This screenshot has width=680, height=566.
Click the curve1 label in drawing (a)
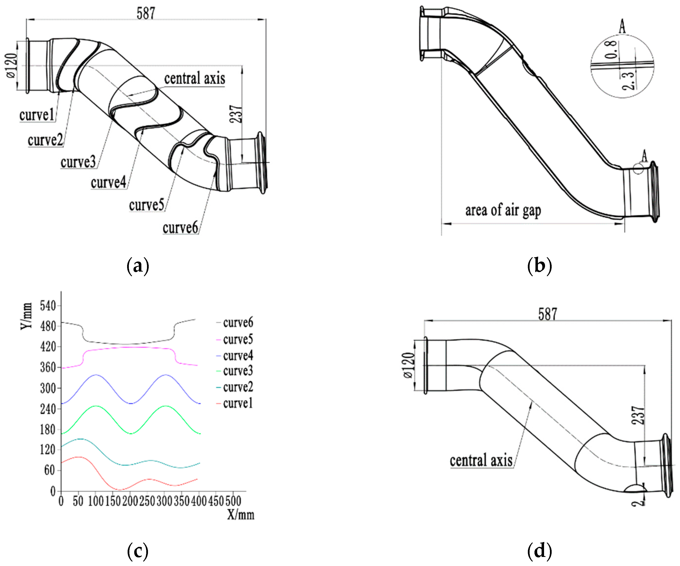(x=37, y=115)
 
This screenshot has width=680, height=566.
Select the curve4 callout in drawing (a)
(x=108, y=183)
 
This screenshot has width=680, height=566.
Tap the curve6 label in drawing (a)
(x=180, y=228)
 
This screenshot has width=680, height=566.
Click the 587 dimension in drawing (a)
(x=146, y=13)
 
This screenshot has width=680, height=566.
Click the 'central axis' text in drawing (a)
(x=194, y=79)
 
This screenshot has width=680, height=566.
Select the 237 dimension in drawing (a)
(x=236, y=114)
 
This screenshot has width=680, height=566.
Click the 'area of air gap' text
(x=503, y=211)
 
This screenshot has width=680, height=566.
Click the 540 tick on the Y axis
(x=48, y=306)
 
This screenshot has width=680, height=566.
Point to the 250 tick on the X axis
(x=147, y=501)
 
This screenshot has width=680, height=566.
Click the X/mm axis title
(x=240, y=514)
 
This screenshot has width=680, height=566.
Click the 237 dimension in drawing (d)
(x=638, y=415)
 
